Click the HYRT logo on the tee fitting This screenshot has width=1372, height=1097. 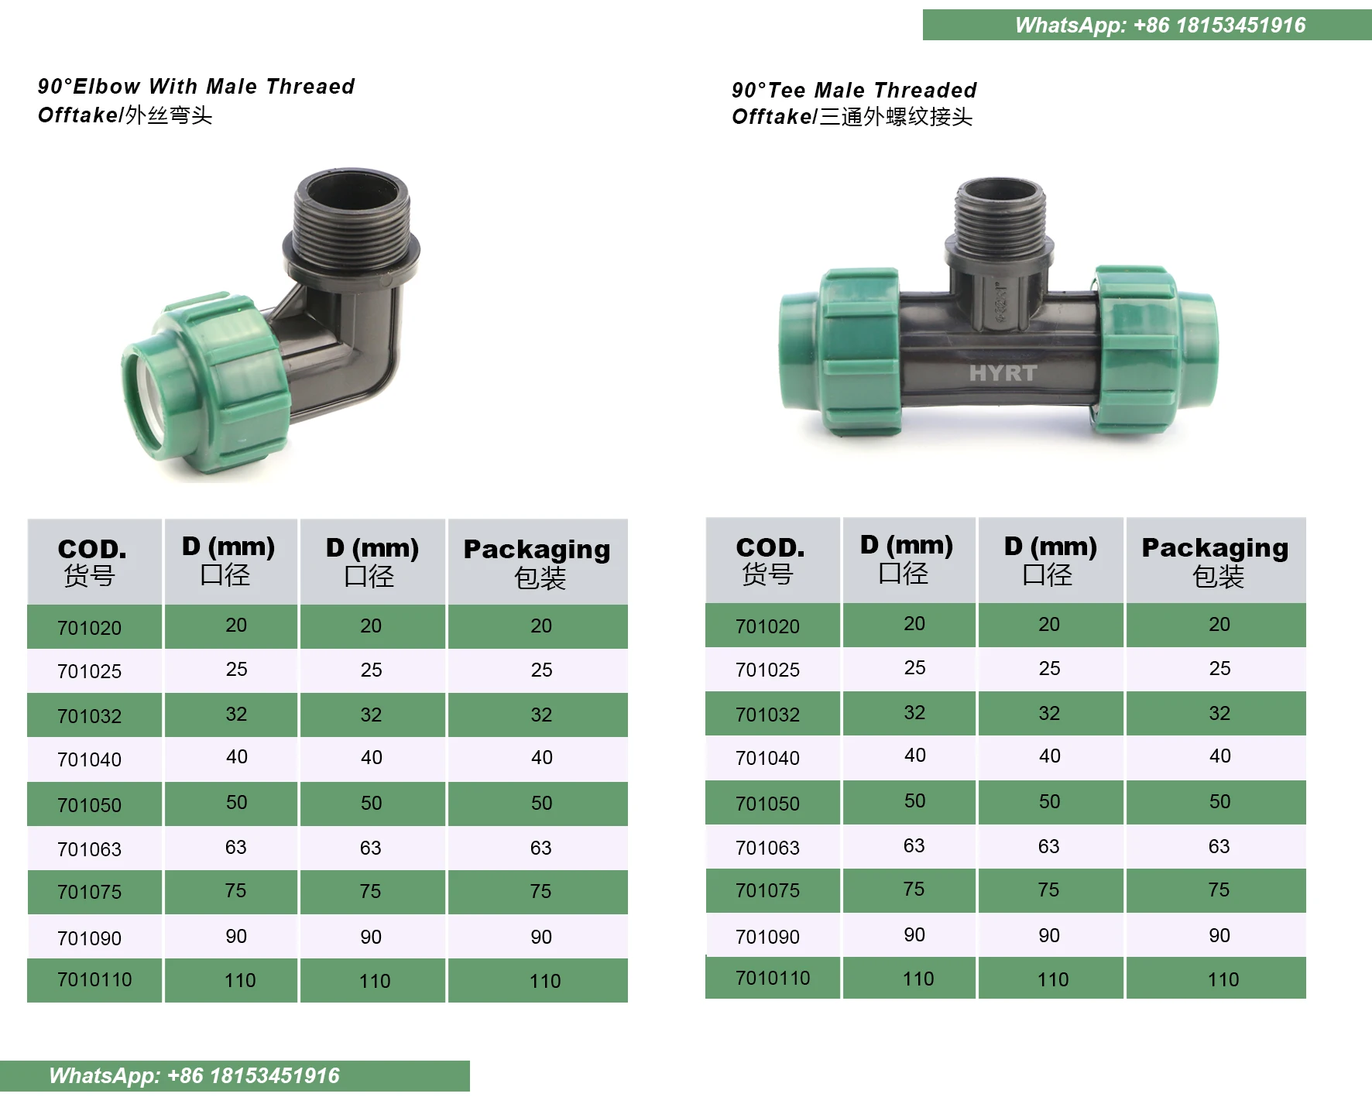click(x=1003, y=373)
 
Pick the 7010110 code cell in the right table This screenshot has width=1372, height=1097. click(x=772, y=978)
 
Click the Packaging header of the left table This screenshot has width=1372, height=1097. click(x=537, y=562)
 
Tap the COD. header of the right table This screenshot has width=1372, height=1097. click(x=770, y=560)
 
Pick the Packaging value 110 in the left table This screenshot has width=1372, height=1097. click(x=544, y=981)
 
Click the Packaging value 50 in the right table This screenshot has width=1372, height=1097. click(x=1219, y=801)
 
